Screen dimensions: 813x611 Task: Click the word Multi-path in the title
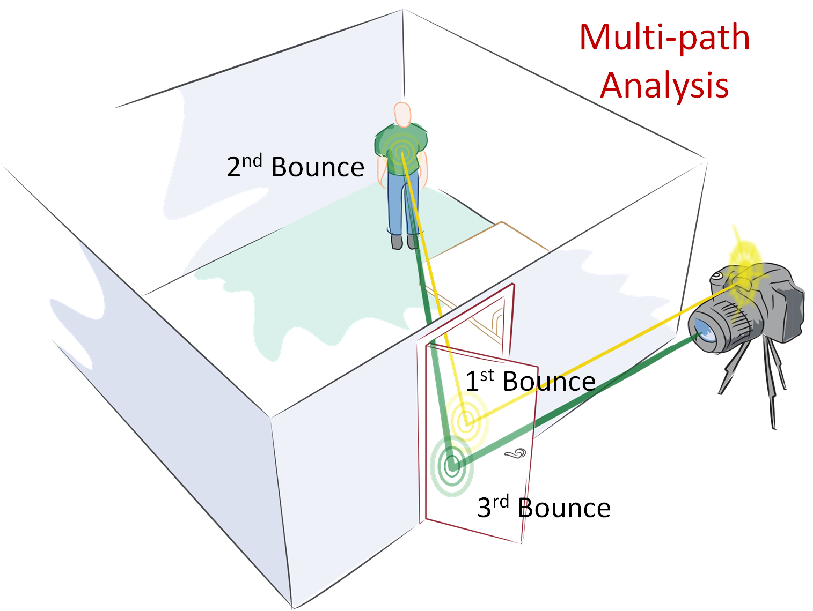664,38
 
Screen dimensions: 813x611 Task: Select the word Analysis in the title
664,86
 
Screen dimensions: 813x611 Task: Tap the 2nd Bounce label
295,166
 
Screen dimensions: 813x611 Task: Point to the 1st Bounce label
530,381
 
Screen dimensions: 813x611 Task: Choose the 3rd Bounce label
544,506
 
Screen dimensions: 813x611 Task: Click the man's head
402,115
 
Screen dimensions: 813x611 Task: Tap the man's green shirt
401,148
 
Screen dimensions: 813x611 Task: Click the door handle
516,454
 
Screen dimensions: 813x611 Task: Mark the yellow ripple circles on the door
466,422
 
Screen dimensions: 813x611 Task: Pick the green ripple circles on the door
452,466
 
